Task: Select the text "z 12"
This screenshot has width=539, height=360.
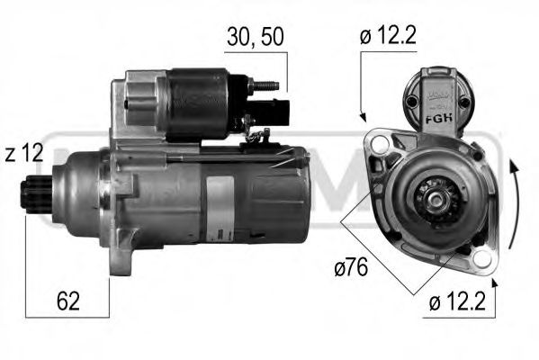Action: [24, 154]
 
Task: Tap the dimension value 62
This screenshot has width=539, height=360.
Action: [67, 301]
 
